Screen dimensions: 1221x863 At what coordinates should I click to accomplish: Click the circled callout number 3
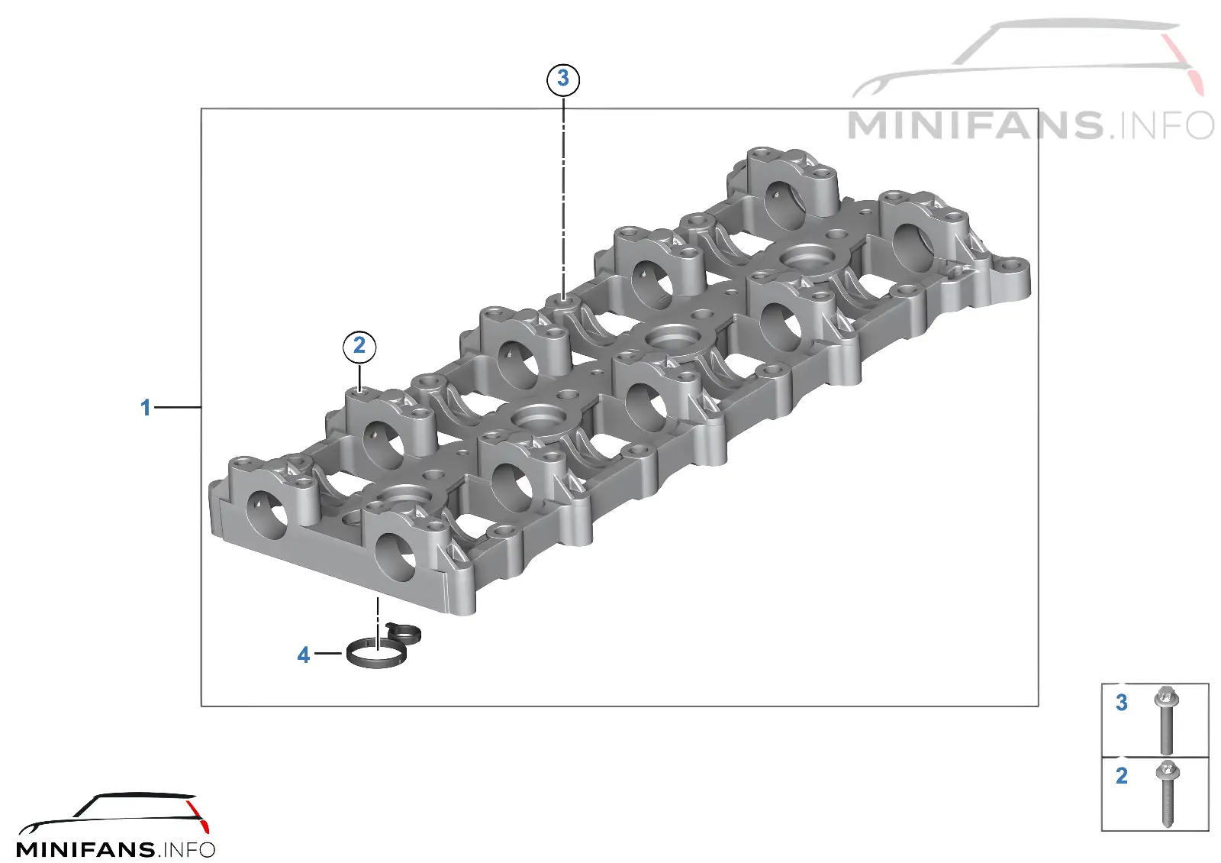pos(563,79)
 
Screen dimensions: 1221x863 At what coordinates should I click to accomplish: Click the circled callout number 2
pos(359,347)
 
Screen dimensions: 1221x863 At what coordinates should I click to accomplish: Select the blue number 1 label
pos(145,408)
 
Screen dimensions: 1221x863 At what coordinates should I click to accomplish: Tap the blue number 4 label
pos(303,655)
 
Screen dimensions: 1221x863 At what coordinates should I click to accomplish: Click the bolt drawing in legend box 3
pos(1167,721)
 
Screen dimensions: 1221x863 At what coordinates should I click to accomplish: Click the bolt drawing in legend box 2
pos(1167,794)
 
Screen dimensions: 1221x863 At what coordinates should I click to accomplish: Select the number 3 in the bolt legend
pos(1121,703)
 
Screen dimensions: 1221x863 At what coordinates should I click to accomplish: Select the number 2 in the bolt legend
pos(1121,776)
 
